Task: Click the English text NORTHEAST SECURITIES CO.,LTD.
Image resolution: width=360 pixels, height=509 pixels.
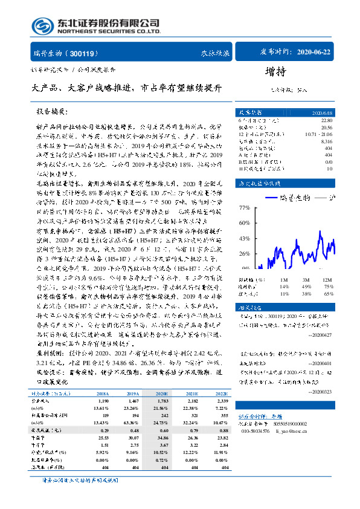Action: tap(109, 32)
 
